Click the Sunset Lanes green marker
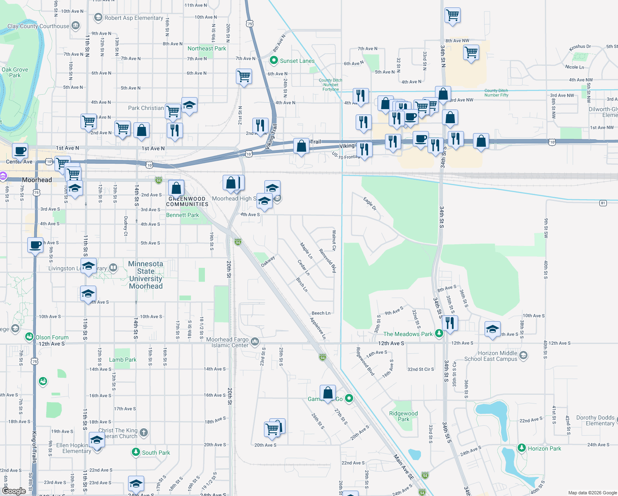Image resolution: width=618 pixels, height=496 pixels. pyautogui.click(x=273, y=61)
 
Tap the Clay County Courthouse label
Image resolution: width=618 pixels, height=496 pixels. pyautogui.click(x=38, y=26)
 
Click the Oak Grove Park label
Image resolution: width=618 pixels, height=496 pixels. pyautogui.click(x=15, y=72)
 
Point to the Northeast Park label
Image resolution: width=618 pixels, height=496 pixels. pyautogui.click(x=207, y=48)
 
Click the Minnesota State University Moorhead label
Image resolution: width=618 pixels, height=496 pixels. pyautogui.click(x=146, y=275)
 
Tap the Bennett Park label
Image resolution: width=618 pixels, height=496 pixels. pyautogui.click(x=183, y=215)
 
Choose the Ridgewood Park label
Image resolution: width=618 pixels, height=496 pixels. pyautogui.click(x=403, y=416)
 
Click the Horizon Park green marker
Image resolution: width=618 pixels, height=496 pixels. pyautogui.click(x=522, y=448)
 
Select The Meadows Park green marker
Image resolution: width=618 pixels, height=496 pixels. pyautogui.click(x=439, y=334)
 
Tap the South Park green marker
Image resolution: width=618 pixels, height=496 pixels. pyautogui.click(x=136, y=452)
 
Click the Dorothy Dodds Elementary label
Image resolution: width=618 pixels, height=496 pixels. pyautogui.click(x=595, y=420)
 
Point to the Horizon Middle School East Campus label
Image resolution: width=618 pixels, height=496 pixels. pyautogui.click(x=491, y=356)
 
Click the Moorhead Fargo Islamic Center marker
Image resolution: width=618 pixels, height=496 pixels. pyautogui.click(x=255, y=341)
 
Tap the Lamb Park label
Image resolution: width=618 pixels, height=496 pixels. pyautogui.click(x=123, y=360)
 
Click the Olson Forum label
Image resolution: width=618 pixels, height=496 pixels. pyautogui.click(x=52, y=337)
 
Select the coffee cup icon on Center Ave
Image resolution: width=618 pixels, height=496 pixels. pyautogui.click(x=20, y=151)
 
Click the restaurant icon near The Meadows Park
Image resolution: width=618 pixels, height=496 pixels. pyautogui.click(x=450, y=323)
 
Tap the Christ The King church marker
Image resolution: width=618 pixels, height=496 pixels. pyautogui.click(x=144, y=432)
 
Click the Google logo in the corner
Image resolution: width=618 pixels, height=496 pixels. pyautogui.click(x=14, y=491)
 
